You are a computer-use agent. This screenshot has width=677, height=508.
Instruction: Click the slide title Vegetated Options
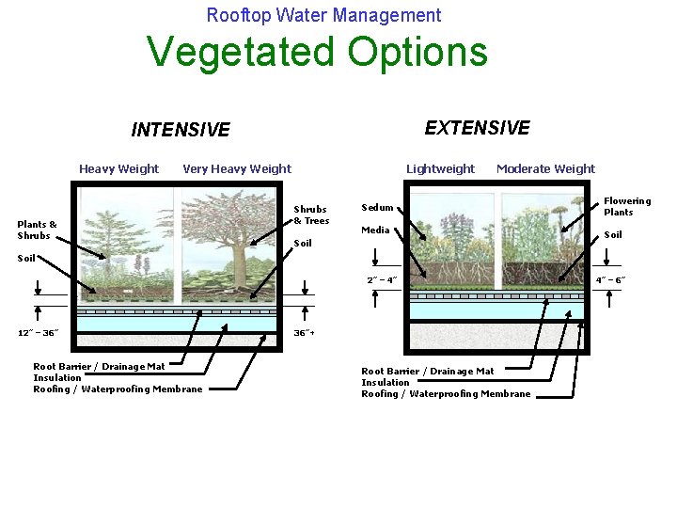[x=318, y=53]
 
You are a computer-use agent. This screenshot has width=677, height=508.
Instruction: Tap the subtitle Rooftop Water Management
[x=323, y=15]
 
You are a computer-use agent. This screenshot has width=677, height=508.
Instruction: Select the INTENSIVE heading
[x=181, y=130]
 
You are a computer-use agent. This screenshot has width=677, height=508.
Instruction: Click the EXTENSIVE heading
[x=477, y=128]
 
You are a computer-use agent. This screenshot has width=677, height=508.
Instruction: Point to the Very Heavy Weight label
[x=237, y=169]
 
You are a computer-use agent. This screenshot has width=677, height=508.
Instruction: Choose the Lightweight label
[x=440, y=169]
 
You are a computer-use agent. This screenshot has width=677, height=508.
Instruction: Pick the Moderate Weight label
[x=545, y=169]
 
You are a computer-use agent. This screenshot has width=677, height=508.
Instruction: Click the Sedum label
[x=377, y=208]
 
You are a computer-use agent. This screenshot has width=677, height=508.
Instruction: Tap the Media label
[x=375, y=230]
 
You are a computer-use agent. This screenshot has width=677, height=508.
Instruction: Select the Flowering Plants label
[x=626, y=206]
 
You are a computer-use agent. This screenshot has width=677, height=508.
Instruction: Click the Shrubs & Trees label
[x=311, y=214]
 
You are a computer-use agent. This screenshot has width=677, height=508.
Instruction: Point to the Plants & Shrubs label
[x=38, y=230]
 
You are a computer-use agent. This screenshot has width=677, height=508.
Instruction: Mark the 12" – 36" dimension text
[x=39, y=333]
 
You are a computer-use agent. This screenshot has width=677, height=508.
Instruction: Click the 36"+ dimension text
[x=305, y=333]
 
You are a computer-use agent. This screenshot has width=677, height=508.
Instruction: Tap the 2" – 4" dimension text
[x=383, y=280]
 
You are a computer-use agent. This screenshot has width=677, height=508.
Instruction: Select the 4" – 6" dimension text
[x=611, y=280]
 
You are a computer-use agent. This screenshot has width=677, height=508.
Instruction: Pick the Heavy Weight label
[x=119, y=169]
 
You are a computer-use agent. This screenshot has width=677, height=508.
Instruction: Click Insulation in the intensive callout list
[x=57, y=378]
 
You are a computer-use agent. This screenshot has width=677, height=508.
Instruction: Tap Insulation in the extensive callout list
[x=386, y=383]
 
